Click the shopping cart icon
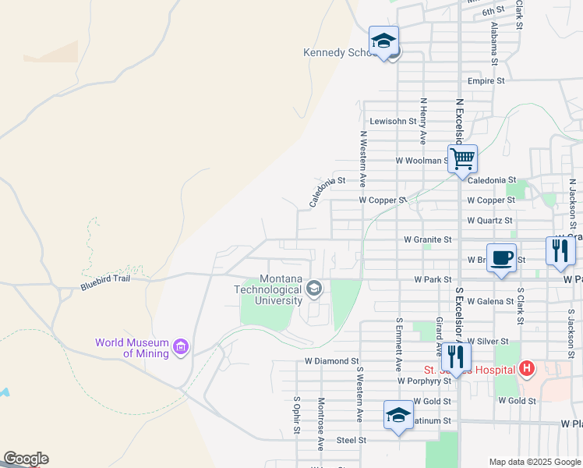point(463,158)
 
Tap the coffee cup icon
point(502,257)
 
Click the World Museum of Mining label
point(132,348)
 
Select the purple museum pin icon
point(182,346)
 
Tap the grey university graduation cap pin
point(314,289)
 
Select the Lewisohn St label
point(393,121)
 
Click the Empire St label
point(486,80)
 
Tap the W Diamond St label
point(331,361)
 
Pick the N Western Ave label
point(362,158)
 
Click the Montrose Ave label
point(320,424)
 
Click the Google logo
point(26,459)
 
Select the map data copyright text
point(535,462)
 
